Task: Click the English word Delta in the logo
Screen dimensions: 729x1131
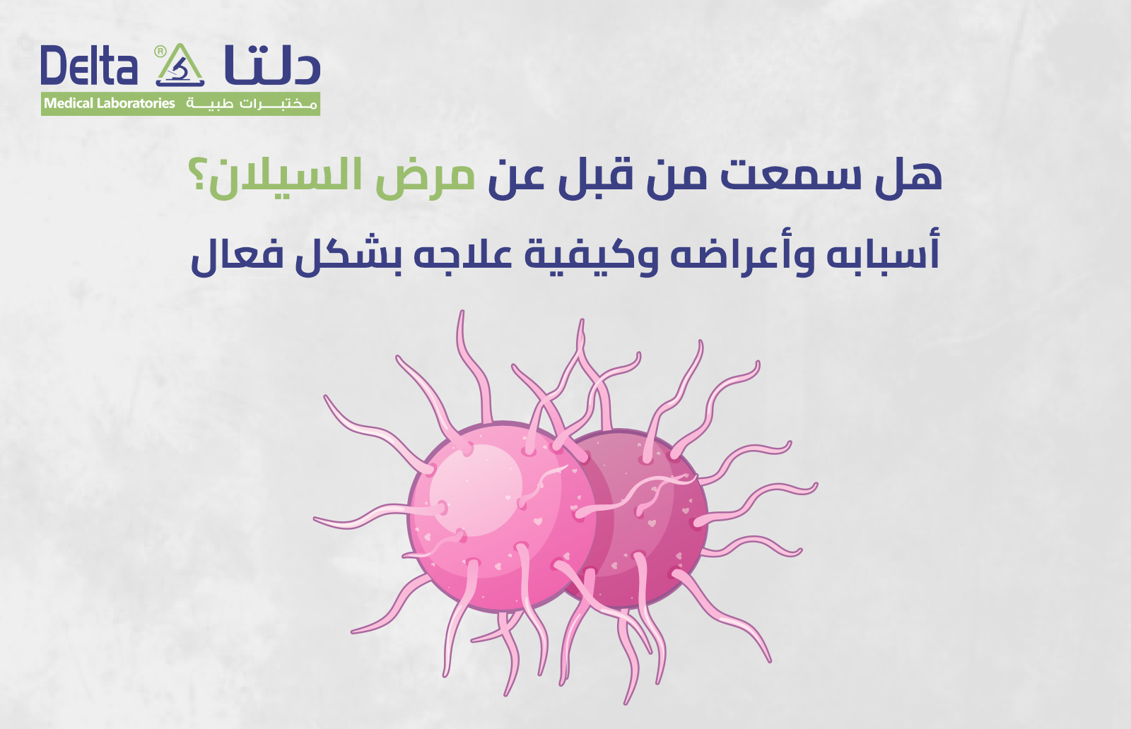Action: (88, 66)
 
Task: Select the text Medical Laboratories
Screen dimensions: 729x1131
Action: (110, 104)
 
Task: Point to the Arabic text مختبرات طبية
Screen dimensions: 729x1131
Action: (251, 104)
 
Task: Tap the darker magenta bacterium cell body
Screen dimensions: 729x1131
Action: (657, 523)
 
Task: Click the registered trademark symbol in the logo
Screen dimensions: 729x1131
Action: (160, 51)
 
